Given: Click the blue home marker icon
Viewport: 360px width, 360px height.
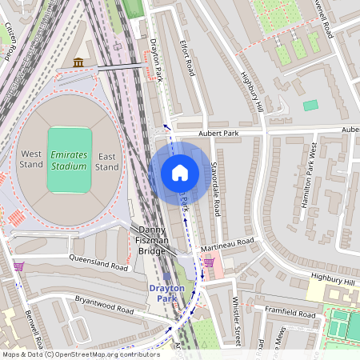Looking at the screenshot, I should coord(180,172).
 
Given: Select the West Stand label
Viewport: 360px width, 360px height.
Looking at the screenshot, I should coord(32,160).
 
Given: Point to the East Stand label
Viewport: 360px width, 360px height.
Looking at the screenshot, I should coord(107,160).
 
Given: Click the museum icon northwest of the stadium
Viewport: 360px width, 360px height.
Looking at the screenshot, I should coord(78,62).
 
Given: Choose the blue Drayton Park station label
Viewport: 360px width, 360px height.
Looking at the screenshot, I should coord(166,293).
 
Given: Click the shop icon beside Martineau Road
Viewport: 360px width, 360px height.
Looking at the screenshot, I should coord(209,262).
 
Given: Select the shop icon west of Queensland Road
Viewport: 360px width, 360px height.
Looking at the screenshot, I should coord(18,266).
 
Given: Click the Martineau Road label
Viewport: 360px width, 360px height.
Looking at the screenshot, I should coord(228,242).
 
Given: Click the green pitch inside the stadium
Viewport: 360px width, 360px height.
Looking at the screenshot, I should coord(69,160).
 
